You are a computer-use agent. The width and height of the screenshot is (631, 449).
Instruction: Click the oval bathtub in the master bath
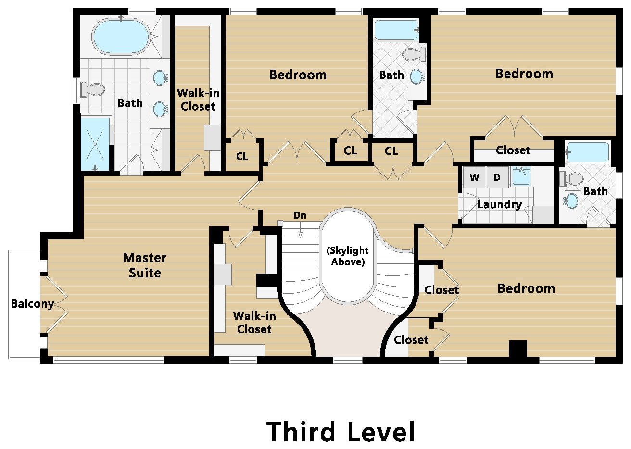120,37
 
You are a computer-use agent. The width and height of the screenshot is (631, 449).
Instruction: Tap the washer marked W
474,177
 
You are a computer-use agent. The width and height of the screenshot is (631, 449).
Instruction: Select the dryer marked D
497,177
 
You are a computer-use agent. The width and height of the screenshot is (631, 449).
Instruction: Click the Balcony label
32,304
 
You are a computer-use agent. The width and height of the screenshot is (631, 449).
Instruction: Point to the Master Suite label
145,265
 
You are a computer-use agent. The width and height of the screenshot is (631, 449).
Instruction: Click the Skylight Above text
348,256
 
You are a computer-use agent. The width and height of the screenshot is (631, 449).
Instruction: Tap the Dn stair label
300,215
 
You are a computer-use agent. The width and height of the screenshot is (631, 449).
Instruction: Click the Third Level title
341,432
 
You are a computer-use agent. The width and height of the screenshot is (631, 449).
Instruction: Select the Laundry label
499,205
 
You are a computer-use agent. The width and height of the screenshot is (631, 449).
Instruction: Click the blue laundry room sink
521,176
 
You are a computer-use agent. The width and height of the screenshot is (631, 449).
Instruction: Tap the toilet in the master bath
93,89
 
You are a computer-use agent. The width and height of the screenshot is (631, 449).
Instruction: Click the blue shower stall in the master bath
95,144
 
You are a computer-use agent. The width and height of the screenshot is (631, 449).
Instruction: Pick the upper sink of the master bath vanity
161,77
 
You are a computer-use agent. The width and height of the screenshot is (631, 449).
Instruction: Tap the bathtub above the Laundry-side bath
587,152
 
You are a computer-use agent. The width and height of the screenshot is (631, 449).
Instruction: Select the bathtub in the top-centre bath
396,29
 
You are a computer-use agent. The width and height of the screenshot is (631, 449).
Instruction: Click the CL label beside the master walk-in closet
242,156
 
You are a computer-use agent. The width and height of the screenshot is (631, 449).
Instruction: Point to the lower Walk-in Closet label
254,323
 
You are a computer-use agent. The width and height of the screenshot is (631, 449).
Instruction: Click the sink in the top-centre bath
417,76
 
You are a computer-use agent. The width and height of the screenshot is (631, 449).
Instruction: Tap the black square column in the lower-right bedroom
518,349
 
